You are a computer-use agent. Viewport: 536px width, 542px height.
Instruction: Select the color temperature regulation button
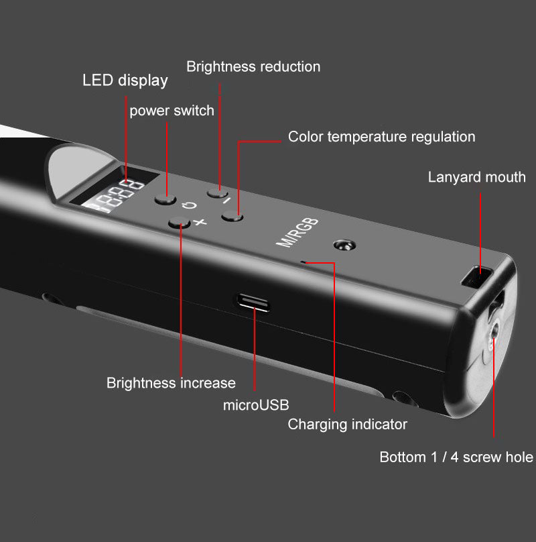pyautogui.click(x=231, y=216)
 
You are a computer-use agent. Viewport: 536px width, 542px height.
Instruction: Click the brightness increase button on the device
pyautogui.click(x=177, y=224)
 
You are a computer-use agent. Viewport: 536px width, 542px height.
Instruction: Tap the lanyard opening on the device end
pyautogui.click(x=478, y=275)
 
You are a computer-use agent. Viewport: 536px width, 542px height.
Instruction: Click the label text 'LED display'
pyautogui.click(x=125, y=81)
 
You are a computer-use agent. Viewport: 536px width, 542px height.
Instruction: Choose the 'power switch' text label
pyautogui.click(x=172, y=111)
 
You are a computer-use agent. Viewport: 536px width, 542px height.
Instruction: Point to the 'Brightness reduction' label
pyautogui.click(x=253, y=66)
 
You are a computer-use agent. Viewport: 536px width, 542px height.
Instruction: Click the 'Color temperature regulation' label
pyautogui.click(x=381, y=137)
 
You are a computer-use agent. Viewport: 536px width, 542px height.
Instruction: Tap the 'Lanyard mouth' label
pyautogui.click(x=476, y=177)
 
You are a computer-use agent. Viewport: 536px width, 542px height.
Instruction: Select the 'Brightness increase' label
pyautogui.click(x=171, y=383)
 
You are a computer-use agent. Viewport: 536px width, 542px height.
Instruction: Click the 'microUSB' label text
pyautogui.click(x=256, y=405)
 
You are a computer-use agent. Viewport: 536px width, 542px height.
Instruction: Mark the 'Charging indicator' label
pyautogui.click(x=347, y=424)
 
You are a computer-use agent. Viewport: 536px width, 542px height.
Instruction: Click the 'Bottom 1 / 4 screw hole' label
pyautogui.click(x=456, y=457)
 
